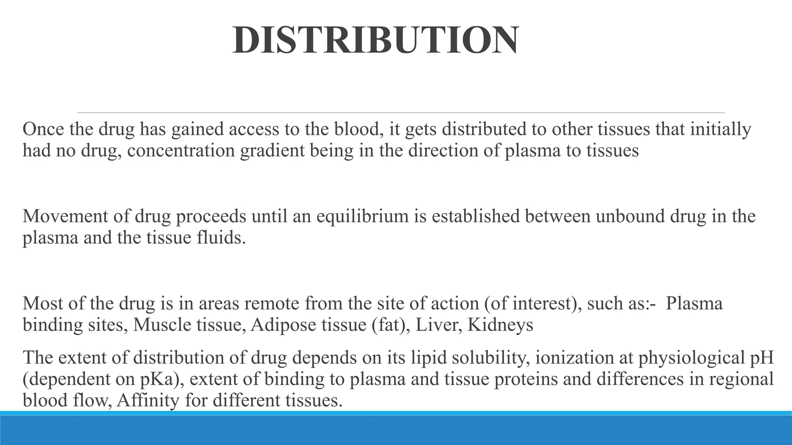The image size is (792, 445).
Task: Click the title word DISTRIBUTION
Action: [x=376, y=40]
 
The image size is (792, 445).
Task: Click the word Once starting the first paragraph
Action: [x=43, y=129]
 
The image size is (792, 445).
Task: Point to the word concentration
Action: [x=181, y=151]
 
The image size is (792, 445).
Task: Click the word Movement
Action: [x=65, y=216]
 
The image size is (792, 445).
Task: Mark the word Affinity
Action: [x=148, y=401]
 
